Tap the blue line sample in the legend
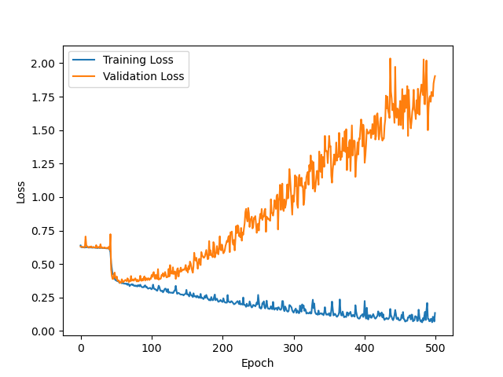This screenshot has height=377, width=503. tap(85, 60)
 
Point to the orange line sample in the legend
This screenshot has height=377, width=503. tap(85, 77)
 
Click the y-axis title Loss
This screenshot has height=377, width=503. tap(21, 192)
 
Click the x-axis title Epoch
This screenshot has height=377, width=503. tap(258, 364)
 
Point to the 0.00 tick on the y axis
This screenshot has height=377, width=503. tap(44, 331)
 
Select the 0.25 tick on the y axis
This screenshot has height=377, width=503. tap(44, 298)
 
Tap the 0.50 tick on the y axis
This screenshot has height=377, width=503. tap(44, 265)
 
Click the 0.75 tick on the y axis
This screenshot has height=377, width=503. tap(44, 231)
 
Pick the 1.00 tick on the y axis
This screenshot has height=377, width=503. tap(44, 197)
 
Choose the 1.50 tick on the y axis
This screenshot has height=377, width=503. tap(44, 130)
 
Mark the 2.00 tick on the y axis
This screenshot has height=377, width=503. tap(44, 64)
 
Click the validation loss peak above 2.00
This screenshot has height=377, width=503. tap(390, 59)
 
